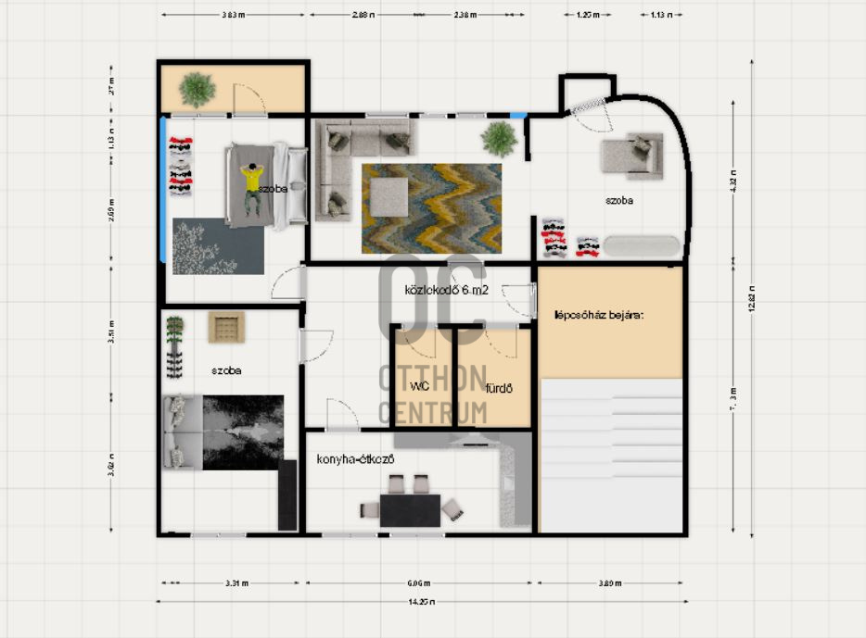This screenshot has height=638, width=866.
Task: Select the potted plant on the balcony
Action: [x=197, y=90]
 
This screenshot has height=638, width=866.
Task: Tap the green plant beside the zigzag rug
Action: [x=500, y=139]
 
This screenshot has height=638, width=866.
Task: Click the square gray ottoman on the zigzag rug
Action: [x=388, y=196]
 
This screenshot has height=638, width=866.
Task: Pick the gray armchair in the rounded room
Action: [x=633, y=155]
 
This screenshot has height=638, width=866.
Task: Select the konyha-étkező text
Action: [x=357, y=459]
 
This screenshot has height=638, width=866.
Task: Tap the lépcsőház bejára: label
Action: [x=598, y=314]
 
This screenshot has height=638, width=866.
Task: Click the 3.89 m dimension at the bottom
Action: [x=609, y=583]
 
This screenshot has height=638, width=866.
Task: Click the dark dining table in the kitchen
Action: [x=410, y=510]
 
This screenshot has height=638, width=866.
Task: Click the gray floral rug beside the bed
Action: [x=218, y=246]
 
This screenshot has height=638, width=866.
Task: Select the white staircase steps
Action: [x=612, y=454]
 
